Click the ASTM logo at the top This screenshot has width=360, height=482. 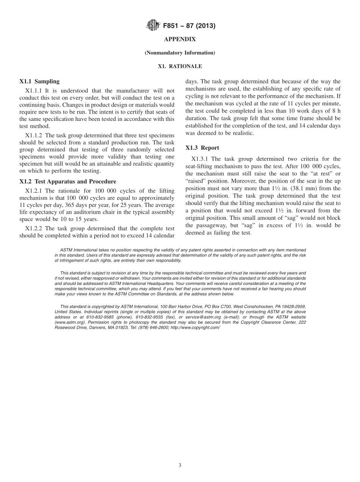click(153, 26)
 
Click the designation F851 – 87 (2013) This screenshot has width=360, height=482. click(189, 26)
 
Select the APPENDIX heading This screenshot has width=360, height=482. click(180, 39)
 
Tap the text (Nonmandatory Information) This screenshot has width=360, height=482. click(180, 53)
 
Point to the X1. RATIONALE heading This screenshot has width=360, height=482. click(180, 66)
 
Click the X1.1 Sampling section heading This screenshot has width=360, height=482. click(39, 81)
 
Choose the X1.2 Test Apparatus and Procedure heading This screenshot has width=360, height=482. click(68, 182)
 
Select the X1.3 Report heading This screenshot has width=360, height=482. click(202, 148)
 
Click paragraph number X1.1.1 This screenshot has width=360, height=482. click(34, 91)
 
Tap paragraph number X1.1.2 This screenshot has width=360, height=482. click(34, 135)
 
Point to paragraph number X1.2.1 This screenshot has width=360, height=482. click(34, 191)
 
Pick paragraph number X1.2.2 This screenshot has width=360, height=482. click(34, 228)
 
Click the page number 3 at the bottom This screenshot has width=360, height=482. click(180, 466)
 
